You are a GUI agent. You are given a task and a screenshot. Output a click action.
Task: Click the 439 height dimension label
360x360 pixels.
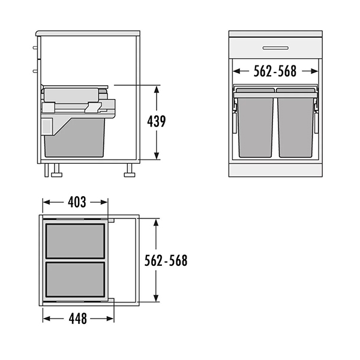[x=157, y=121]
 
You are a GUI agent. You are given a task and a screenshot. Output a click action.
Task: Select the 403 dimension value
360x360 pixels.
[x=77, y=202]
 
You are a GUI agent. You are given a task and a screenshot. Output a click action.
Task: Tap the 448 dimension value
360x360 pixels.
[x=78, y=319]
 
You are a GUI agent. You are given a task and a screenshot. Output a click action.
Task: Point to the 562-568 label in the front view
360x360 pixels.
[x=275, y=71]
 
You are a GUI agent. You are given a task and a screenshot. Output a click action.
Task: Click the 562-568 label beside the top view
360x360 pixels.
[x=166, y=260]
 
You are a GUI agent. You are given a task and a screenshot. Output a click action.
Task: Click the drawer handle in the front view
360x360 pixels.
[x=275, y=48]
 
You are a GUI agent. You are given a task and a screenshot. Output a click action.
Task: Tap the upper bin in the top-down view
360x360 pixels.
[x=76, y=241]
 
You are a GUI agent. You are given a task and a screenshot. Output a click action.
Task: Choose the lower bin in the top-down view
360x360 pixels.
[x=76, y=280]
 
